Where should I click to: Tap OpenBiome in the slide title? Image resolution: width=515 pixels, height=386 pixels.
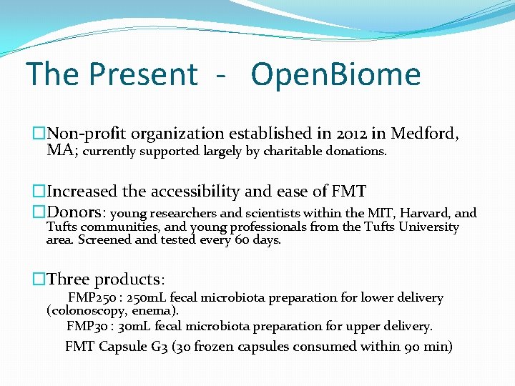[x=336, y=74]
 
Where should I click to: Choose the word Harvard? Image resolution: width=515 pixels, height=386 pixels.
[x=425, y=213]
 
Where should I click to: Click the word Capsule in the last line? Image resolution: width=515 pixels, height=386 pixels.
[x=123, y=347]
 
